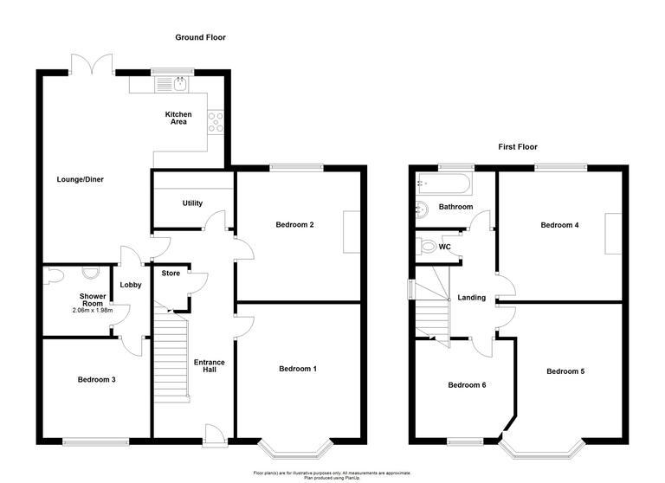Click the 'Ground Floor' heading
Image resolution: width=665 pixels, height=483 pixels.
tap(200, 37)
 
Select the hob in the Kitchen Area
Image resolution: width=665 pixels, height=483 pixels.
tap(216, 123)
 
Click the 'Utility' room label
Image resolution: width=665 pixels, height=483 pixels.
tap(192, 203)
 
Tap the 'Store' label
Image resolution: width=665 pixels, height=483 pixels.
tap(171, 274)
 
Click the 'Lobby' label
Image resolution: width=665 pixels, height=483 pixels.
tap(131, 285)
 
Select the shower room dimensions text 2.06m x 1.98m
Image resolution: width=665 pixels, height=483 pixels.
tap(93, 311)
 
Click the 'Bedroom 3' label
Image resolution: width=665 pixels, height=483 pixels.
tap(94, 379)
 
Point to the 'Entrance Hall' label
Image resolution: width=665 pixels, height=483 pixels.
tap(209, 367)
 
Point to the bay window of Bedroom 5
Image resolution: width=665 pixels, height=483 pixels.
tap(545, 451)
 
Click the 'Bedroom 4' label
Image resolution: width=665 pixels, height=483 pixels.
tap(559, 225)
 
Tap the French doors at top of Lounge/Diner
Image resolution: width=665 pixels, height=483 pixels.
tap(93, 65)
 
